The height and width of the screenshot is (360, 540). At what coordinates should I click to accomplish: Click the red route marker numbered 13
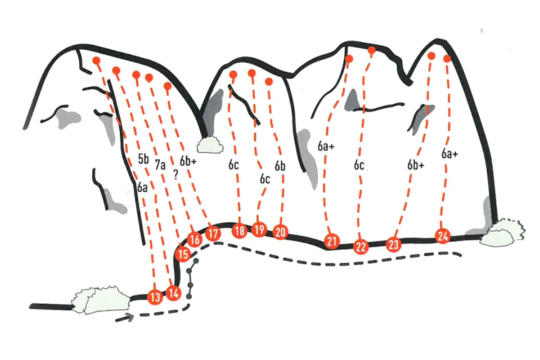click(x=155, y=297)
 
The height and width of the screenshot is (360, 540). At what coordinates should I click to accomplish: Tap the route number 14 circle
click(x=174, y=293)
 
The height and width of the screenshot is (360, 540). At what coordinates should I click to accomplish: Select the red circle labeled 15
click(x=183, y=254)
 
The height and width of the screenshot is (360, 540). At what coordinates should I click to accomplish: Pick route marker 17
click(x=213, y=233)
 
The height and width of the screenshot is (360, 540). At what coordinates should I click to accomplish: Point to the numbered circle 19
click(x=259, y=229)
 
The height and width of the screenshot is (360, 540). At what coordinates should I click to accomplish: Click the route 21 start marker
click(x=332, y=241)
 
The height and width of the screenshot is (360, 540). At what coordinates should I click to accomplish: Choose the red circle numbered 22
click(x=361, y=247)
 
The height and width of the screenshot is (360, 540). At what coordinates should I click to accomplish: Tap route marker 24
click(x=443, y=236)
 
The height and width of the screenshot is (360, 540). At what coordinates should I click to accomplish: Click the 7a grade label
click(x=160, y=165)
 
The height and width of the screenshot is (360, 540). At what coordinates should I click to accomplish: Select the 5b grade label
click(x=144, y=159)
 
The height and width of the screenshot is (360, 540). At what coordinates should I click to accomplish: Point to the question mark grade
click(x=176, y=175)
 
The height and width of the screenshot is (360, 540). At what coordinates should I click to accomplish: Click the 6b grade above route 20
click(x=280, y=166)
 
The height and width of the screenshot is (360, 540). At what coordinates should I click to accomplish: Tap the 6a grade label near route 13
click(x=142, y=187)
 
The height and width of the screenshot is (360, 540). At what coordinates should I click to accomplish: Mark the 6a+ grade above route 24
click(x=450, y=153)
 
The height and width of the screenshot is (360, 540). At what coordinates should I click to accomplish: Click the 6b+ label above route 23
click(x=416, y=165)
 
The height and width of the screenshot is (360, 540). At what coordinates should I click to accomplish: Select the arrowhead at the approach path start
click(x=130, y=317)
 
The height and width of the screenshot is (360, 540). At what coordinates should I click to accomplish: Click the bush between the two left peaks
click(x=210, y=144)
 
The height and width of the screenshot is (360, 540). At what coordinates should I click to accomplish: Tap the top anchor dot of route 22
click(x=372, y=50)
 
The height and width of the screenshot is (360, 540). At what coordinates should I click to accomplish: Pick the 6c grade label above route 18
click(x=234, y=165)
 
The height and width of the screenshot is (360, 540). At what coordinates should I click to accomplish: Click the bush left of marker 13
click(x=101, y=300)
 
